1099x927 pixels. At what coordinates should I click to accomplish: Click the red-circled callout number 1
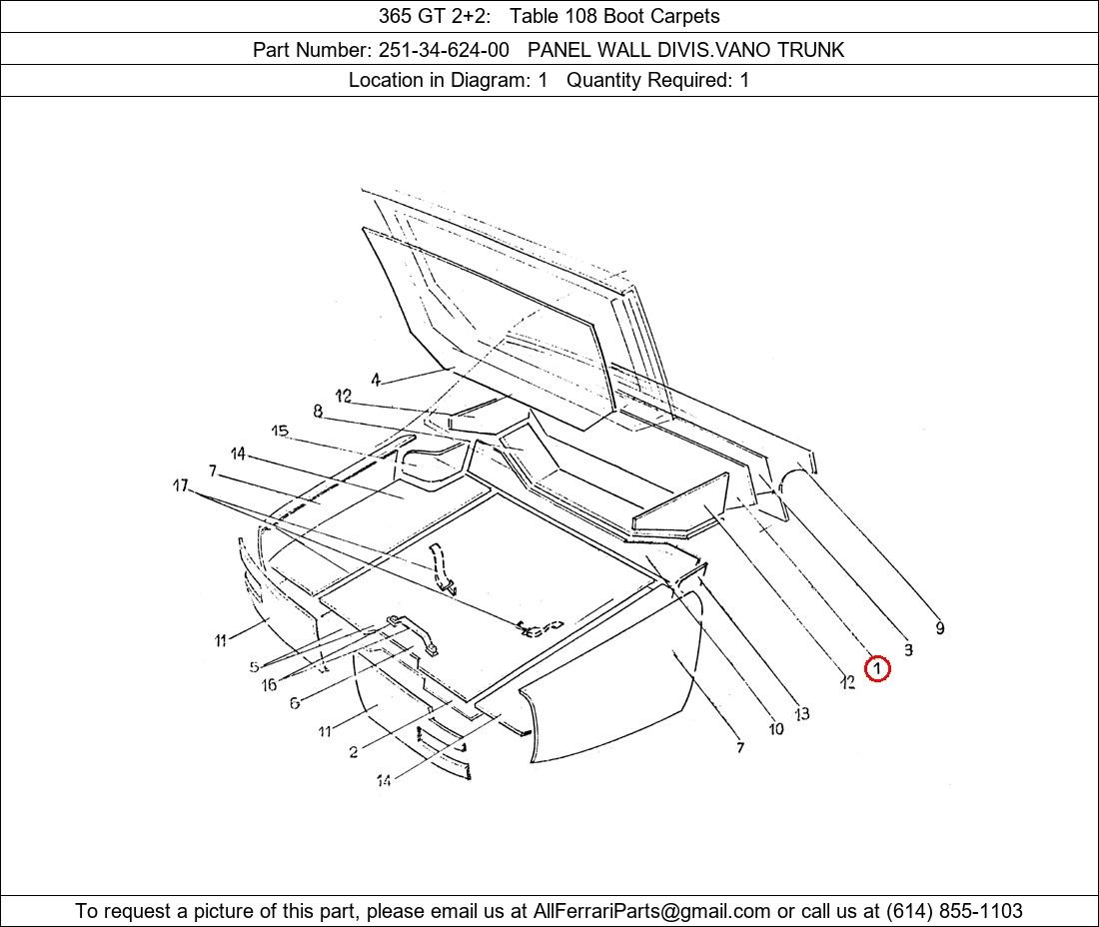(x=877, y=668)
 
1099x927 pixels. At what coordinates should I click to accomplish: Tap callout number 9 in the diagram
(x=940, y=628)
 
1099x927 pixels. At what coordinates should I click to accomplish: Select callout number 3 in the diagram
(x=908, y=649)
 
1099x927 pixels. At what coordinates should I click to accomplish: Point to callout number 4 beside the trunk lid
(x=377, y=380)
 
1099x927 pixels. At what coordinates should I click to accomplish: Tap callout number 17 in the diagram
(x=181, y=484)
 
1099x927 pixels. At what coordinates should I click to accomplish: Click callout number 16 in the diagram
(x=269, y=684)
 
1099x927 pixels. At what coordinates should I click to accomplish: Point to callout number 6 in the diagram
(x=295, y=702)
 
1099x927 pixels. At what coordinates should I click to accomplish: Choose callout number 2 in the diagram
(x=354, y=752)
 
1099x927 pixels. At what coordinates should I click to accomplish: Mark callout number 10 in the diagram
(x=776, y=728)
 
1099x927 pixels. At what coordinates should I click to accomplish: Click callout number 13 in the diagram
(x=802, y=713)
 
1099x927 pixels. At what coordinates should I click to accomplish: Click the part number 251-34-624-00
(x=444, y=50)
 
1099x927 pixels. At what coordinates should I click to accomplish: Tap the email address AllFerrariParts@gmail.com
(x=651, y=911)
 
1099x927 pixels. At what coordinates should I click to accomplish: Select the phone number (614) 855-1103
(x=954, y=911)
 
